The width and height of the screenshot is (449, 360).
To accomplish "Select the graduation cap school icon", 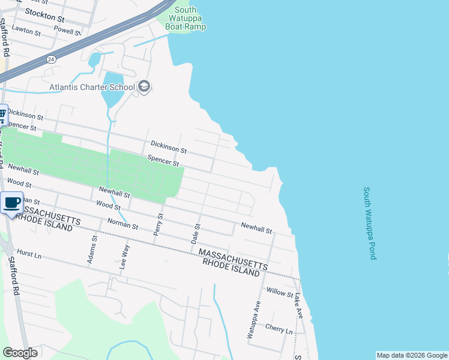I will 143,87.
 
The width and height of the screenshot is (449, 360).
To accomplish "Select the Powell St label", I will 67,30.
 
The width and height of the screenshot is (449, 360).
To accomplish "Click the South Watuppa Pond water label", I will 369,223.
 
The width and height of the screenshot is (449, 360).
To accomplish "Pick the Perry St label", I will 159,228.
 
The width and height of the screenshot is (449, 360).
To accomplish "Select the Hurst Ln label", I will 29,254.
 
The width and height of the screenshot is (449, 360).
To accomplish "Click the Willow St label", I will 280,294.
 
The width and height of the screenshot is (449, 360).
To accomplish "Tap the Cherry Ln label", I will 279,330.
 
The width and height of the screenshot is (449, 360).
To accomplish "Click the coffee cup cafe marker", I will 12,203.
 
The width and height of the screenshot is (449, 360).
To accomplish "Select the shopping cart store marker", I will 2,113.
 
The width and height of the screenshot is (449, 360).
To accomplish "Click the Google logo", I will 20,353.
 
